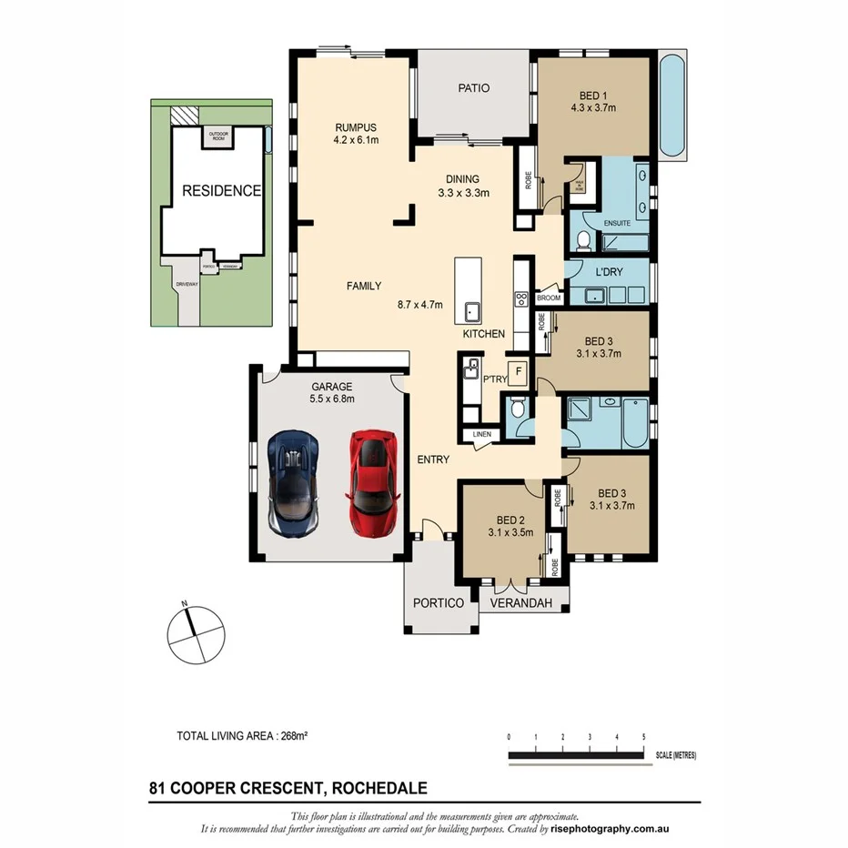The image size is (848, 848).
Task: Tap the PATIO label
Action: (x=473, y=88)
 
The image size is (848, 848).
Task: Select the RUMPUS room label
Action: (x=356, y=126)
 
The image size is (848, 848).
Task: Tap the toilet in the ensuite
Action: (x=583, y=240)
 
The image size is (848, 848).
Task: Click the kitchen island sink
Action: (x=472, y=310)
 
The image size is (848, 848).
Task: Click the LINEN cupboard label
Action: (x=481, y=435)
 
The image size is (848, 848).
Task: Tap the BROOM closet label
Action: (x=549, y=298)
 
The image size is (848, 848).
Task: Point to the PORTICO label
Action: (x=439, y=603)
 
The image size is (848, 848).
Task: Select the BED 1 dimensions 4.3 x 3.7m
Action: (x=593, y=107)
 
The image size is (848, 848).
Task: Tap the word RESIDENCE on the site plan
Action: (x=222, y=191)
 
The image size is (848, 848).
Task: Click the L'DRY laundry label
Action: (x=609, y=273)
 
